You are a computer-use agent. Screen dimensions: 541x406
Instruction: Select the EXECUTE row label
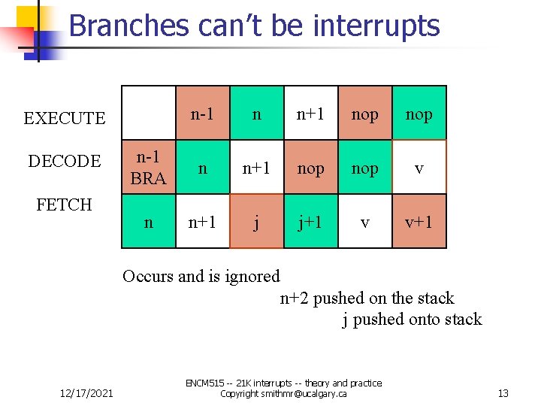65,118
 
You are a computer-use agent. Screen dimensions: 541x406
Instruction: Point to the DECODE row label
65,161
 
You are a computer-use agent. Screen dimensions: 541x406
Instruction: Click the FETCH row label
65,205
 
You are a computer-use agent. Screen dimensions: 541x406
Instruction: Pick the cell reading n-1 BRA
148,168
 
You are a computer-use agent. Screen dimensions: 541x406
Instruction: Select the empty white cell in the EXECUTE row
148,113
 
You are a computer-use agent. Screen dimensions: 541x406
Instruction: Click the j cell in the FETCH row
257,222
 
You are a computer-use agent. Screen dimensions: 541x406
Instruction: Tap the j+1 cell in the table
310,222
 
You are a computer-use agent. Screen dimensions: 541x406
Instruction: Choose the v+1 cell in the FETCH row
419,222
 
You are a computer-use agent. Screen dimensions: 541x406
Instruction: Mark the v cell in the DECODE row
419,168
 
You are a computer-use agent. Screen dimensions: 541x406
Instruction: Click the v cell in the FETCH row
365,222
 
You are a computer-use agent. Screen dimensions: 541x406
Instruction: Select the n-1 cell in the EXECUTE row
202,114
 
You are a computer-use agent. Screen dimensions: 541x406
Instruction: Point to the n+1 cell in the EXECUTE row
310,114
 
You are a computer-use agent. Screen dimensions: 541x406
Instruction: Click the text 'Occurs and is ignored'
201,276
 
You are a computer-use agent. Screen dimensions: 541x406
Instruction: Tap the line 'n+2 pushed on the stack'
367,298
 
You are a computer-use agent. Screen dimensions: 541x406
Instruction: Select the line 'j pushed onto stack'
412,319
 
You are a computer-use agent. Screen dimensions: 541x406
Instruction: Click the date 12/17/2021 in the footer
86,393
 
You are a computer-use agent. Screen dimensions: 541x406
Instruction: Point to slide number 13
503,393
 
